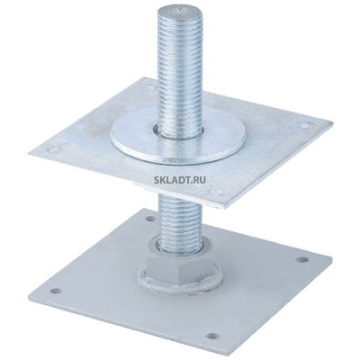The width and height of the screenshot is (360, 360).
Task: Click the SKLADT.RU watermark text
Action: tap(180, 180)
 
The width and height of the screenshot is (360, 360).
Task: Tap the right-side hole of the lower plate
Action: tap(301, 259)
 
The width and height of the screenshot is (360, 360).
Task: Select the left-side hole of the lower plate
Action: tap(56, 291)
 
